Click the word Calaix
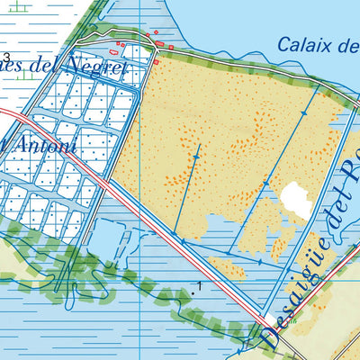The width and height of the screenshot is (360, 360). (x=300, y=44)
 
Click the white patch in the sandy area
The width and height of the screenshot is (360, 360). (x=295, y=199)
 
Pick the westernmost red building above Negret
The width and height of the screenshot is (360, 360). (x=118, y=41)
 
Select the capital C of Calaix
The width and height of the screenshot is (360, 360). (x=284, y=44)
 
